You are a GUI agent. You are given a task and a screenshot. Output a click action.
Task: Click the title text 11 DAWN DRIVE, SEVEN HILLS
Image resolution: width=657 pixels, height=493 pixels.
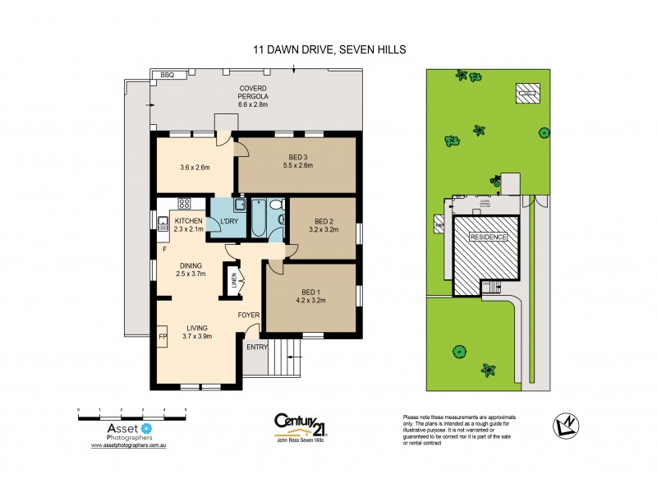[328, 50]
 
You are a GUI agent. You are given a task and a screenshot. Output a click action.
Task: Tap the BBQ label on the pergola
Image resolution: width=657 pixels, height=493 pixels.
[168, 75]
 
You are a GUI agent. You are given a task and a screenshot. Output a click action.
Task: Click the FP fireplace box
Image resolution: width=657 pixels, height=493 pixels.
[163, 337]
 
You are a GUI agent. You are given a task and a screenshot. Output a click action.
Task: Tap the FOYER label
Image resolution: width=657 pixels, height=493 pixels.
[249, 315]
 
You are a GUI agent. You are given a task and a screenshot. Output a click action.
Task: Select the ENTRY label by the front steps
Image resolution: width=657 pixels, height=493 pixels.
[256, 347]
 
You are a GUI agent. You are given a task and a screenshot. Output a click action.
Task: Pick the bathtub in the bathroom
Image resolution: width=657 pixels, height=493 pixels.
[259, 217]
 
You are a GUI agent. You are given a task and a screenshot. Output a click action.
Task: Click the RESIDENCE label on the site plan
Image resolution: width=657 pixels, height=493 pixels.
[488, 237]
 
